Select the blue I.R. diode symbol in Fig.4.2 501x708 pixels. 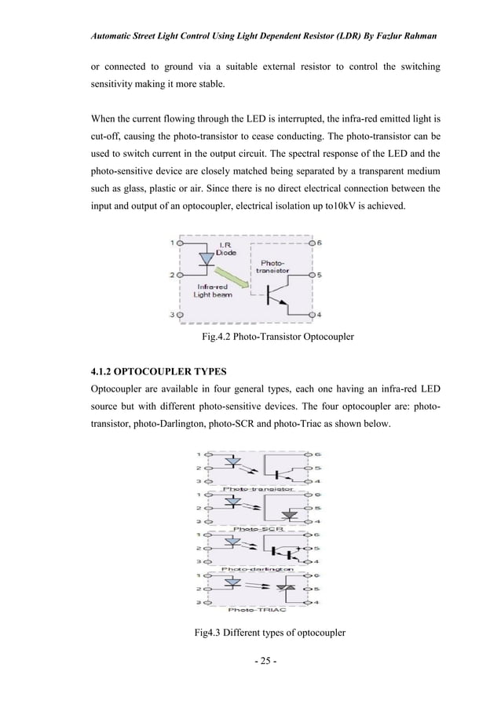pyautogui.click(x=206, y=258)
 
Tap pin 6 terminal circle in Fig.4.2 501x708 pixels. pyautogui.click(x=312, y=243)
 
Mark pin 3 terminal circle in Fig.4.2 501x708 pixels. pyautogui.click(x=180, y=315)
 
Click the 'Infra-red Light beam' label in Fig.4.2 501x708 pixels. pyautogui.click(x=207, y=290)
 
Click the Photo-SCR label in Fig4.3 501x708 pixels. pyautogui.click(x=254, y=528)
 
